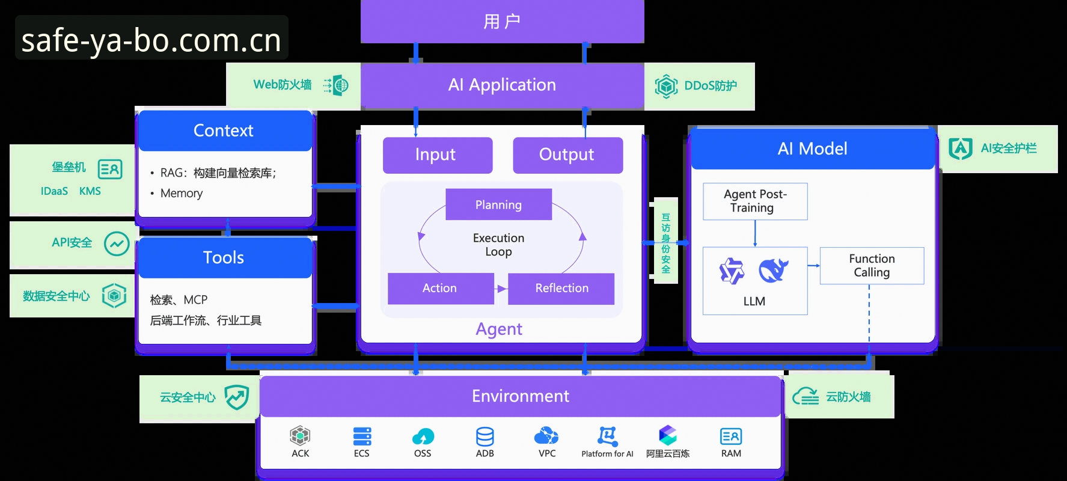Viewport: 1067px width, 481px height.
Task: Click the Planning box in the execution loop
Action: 498,204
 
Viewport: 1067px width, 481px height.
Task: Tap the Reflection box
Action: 561,289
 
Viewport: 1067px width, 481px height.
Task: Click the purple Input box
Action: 438,155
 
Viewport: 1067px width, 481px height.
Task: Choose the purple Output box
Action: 567,155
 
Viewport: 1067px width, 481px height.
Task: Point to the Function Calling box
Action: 872,266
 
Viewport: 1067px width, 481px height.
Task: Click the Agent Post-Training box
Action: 755,201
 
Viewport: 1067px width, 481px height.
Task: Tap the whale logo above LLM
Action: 774,271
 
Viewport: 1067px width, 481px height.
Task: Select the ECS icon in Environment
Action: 362,436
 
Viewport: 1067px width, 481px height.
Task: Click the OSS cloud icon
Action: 423,437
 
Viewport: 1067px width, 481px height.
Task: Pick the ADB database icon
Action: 485,437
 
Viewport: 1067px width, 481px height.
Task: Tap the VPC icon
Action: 546,435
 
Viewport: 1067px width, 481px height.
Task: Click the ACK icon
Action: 300,435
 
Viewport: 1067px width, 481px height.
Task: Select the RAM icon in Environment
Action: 731,437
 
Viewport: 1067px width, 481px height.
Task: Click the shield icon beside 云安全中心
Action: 236,397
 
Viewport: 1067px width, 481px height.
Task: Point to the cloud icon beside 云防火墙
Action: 806,396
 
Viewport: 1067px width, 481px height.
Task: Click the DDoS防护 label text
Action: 711,86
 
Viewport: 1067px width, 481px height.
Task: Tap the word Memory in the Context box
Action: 182,194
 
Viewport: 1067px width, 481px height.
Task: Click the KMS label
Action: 90,191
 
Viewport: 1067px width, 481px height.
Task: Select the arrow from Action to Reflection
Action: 501,289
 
